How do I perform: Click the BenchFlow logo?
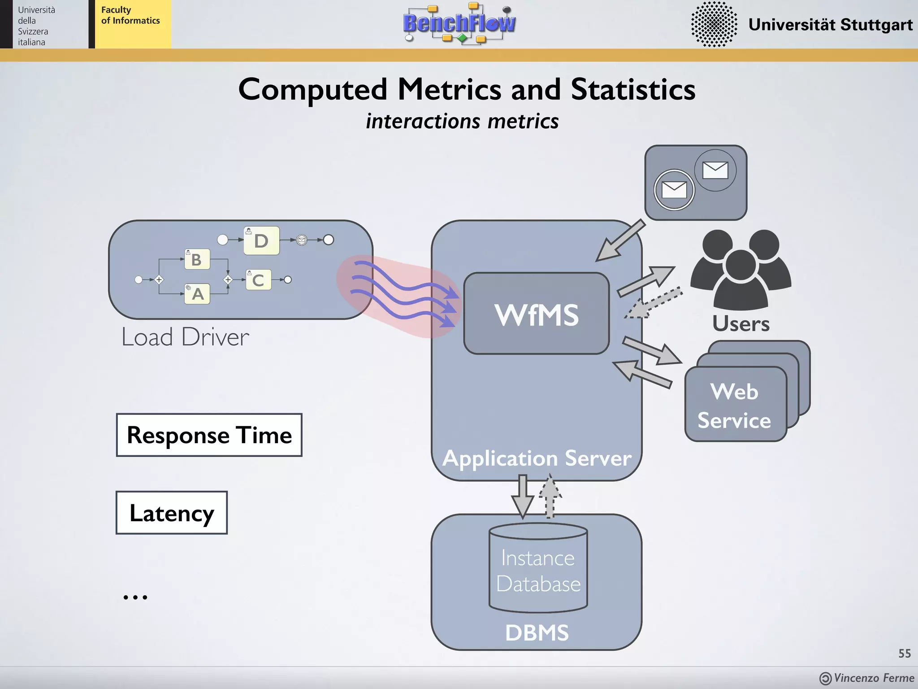click(459, 23)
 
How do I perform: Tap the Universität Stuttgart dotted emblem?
click(714, 24)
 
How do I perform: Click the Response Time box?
click(209, 435)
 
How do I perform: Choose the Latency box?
click(172, 513)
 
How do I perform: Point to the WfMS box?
click(537, 314)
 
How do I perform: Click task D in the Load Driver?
click(261, 241)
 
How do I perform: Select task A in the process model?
click(197, 294)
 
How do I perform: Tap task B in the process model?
click(197, 259)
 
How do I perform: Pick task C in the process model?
click(258, 280)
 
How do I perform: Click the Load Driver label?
click(185, 337)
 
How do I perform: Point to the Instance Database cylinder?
click(538, 570)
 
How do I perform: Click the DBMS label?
click(537, 633)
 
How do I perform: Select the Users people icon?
click(740, 269)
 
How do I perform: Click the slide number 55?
click(904, 654)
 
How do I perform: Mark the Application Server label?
click(537, 458)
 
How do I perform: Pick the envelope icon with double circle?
click(674, 190)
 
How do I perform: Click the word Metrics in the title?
click(450, 89)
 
